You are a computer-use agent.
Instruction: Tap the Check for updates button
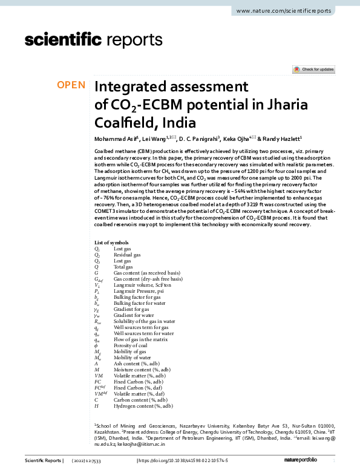[x=314, y=70]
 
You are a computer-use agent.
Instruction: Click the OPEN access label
[x=71, y=85]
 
